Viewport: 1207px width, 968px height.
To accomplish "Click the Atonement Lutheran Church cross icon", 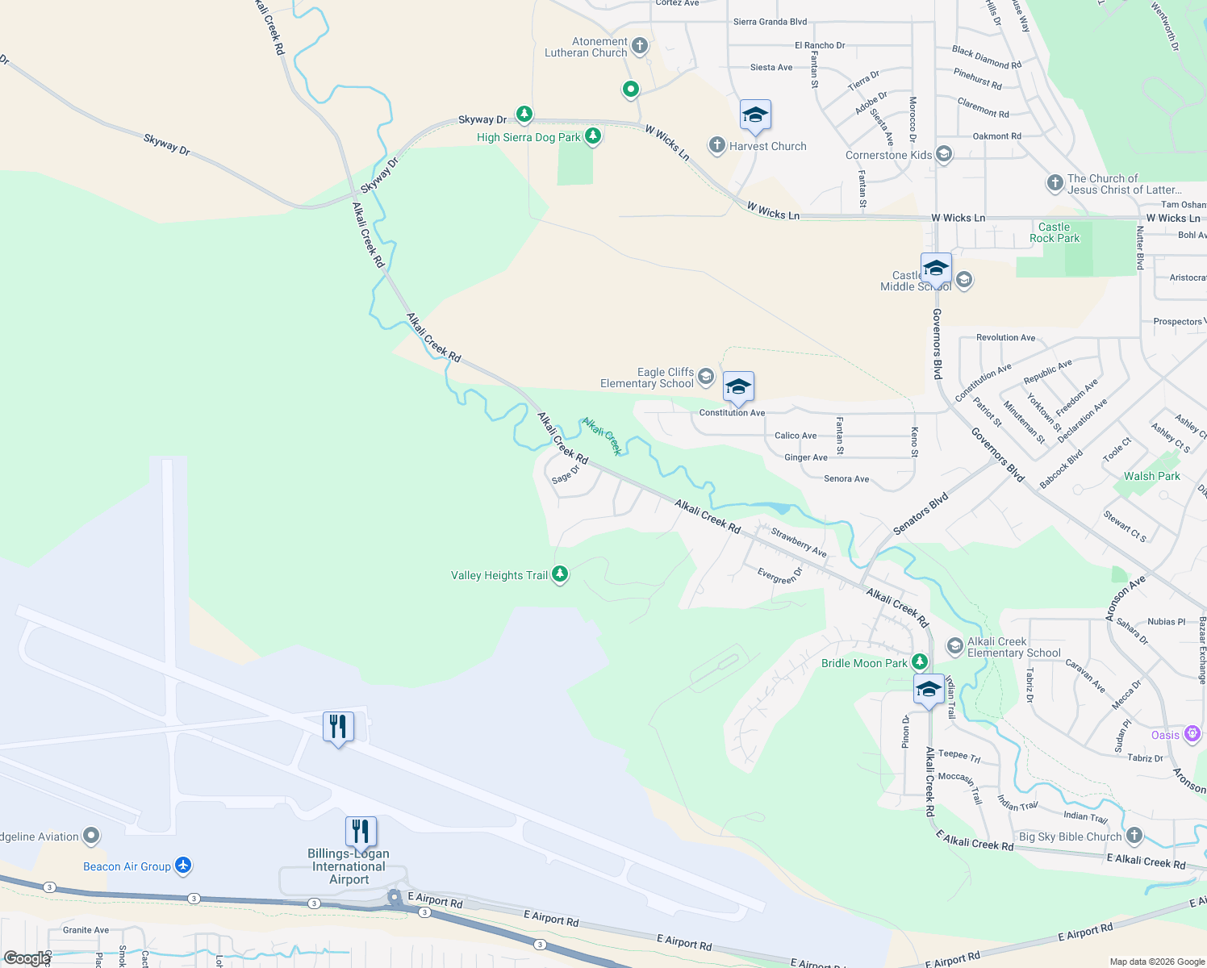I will click(640, 46).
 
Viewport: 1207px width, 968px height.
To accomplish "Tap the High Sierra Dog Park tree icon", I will click(593, 136).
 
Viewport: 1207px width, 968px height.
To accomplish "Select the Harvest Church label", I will click(767, 146).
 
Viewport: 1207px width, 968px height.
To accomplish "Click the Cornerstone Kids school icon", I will click(944, 154).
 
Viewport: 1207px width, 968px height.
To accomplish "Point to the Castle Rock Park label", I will click(1054, 232).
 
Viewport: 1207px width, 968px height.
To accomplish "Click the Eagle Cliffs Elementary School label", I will click(647, 378).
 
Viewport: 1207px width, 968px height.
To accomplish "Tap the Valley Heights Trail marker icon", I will click(560, 574).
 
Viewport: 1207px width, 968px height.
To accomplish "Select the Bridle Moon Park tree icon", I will click(919, 662).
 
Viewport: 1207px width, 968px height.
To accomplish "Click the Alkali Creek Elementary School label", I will click(1013, 647).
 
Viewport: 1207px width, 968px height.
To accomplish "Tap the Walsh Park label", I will click(1151, 476).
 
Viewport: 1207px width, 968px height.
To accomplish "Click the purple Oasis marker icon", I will click(1192, 734).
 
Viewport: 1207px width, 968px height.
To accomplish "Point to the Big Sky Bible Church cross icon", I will click(1134, 836).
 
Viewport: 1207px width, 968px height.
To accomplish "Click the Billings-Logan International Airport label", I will click(349, 866).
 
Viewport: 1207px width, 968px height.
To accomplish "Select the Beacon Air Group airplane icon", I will click(183, 866).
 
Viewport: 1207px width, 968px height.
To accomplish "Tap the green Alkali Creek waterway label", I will click(602, 436).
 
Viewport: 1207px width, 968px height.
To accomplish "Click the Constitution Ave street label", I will click(732, 413).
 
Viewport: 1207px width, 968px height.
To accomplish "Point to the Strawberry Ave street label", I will click(798, 542).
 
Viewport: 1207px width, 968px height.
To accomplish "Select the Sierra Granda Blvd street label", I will click(770, 22).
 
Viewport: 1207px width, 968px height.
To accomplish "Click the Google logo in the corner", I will click(26, 958).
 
